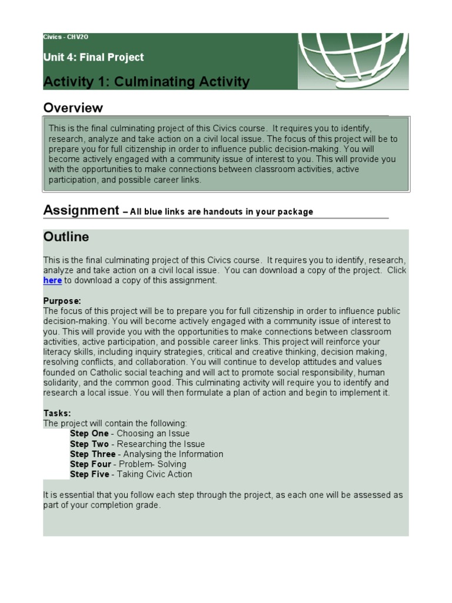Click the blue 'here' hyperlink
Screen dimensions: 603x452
(x=52, y=281)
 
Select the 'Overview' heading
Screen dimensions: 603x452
(x=73, y=108)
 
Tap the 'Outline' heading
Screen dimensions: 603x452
(x=66, y=237)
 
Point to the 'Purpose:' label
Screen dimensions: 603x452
(x=62, y=301)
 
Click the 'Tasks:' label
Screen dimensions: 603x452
(x=56, y=413)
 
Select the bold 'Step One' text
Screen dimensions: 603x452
(x=89, y=434)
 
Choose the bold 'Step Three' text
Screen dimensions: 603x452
(x=92, y=454)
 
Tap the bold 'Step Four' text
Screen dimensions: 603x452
(x=91, y=464)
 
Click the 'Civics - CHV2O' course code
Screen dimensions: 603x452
(x=66, y=37)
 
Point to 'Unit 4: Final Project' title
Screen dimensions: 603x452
(x=93, y=57)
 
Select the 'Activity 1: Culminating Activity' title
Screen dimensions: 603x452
(x=146, y=82)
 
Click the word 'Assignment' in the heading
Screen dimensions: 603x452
(x=81, y=211)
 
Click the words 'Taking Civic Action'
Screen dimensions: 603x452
(x=155, y=474)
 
